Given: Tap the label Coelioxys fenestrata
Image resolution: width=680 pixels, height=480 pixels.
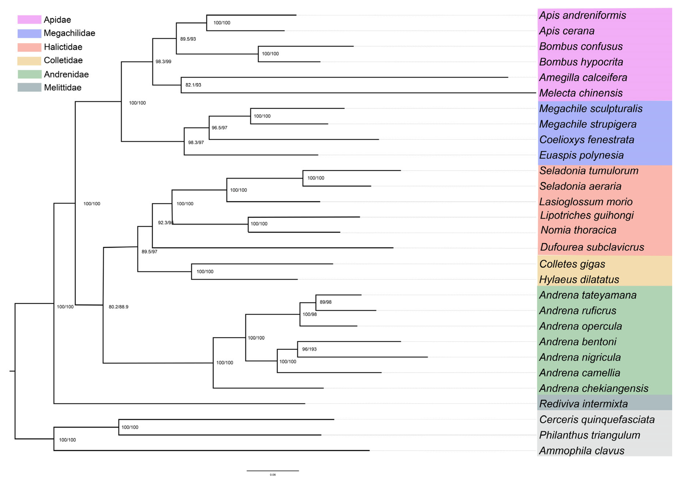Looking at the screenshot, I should (586, 139).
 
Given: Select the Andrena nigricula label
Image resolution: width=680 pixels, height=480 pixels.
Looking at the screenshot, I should (580, 357).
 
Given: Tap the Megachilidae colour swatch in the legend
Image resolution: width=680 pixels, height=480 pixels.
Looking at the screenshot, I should (29, 33).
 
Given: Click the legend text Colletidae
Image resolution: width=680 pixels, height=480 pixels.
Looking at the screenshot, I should (63, 60).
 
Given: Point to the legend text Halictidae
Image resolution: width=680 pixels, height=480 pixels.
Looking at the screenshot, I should (63, 47).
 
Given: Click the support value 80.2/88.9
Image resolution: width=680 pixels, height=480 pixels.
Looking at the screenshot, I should (118, 307).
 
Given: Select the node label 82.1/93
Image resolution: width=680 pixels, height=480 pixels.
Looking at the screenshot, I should (193, 85).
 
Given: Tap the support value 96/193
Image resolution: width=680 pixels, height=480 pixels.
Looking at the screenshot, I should (309, 349).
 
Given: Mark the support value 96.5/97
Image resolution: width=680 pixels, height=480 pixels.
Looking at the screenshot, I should (219, 128).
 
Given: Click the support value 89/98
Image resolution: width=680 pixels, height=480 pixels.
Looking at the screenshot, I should (325, 302).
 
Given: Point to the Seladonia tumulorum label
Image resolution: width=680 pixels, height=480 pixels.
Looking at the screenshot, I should (588, 171).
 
